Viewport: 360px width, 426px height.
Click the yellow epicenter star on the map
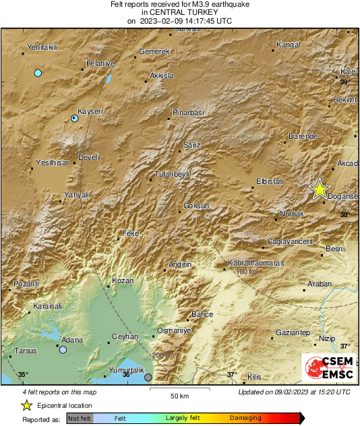[x=320, y=189]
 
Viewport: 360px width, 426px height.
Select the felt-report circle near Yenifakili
[x=38, y=73]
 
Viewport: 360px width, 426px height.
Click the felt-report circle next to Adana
[x=63, y=350]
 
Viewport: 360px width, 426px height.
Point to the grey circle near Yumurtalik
[x=148, y=377]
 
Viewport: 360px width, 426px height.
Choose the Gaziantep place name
[x=293, y=333]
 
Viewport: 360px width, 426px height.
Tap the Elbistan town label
[x=270, y=181]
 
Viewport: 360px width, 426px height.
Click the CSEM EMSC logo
[x=326, y=369]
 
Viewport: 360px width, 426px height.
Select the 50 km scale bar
[x=179, y=390]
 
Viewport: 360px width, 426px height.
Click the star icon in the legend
[x=26, y=405]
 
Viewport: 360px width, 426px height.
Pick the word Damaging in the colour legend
[x=246, y=419]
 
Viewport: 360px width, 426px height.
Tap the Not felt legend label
[x=80, y=419]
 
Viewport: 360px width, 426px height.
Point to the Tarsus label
[x=26, y=351]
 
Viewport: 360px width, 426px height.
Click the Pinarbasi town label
[x=188, y=112]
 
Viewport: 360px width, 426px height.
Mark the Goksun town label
[x=197, y=205]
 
